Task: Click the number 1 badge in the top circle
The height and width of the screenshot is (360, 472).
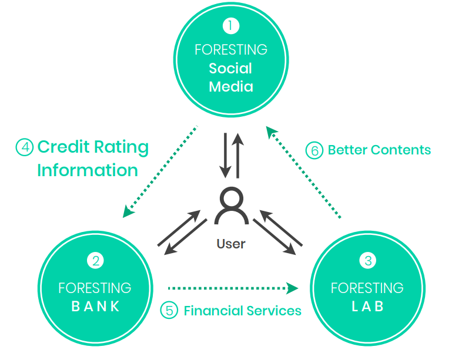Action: [x=231, y=26]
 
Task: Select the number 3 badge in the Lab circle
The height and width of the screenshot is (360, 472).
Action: [x=368, y=261]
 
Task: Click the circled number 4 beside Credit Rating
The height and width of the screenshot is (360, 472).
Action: [x=24, y=147]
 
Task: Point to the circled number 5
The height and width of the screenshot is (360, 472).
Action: [x=169, y=310]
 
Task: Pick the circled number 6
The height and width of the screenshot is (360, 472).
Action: [x=314, y=150]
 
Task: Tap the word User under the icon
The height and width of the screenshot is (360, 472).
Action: [x=230, y=243]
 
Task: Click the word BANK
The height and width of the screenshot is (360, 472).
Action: [x=95, y=306]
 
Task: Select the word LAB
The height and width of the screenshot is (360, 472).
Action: [x=367, y=306]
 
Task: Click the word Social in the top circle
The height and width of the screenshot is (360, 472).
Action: [x=230, y=68]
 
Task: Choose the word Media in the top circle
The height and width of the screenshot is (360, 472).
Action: [x=231, y=87]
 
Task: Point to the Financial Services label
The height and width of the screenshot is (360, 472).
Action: [x=242, y=310]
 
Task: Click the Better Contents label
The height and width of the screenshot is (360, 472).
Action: [x=379, y=150]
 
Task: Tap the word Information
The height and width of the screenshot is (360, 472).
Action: [x=88, y=170]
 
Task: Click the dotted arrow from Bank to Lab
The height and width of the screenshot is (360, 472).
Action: [x=233, y=288]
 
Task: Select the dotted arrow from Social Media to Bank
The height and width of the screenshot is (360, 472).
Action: [x=160, y=170]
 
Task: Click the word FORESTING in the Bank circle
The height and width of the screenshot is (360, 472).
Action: [x=95, y=288]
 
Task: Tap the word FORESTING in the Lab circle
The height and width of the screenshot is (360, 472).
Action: [x=367, y=288]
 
